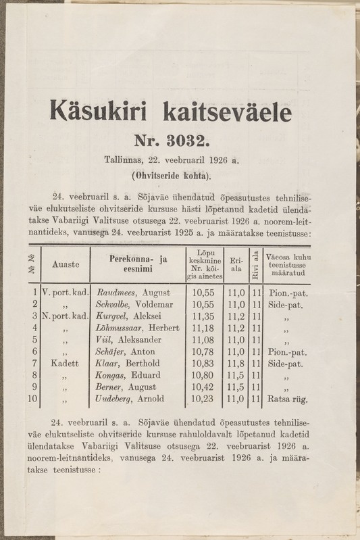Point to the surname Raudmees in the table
point(115,293)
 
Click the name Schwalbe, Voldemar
point(135,305)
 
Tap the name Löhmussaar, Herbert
point(139,328)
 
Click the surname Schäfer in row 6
point(113,352)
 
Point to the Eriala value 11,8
point(236,364)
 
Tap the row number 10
point(32,399)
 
